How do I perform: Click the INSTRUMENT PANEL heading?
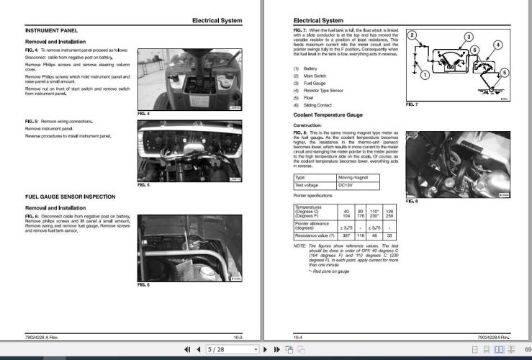point(50,31)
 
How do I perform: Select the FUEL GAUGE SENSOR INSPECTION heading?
point(70,197)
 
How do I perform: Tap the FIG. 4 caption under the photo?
point(143,114)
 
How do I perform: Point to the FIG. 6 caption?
point(143,285)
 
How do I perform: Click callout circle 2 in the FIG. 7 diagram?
point(412,35)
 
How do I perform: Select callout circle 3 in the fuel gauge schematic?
point(468,37)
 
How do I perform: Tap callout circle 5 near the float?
point(504,73)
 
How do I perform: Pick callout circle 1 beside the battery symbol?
point(425,75)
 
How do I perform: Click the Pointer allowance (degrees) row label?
point(312,226)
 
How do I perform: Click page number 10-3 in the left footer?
point(238,337)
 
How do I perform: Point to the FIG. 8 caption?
point(411,202)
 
